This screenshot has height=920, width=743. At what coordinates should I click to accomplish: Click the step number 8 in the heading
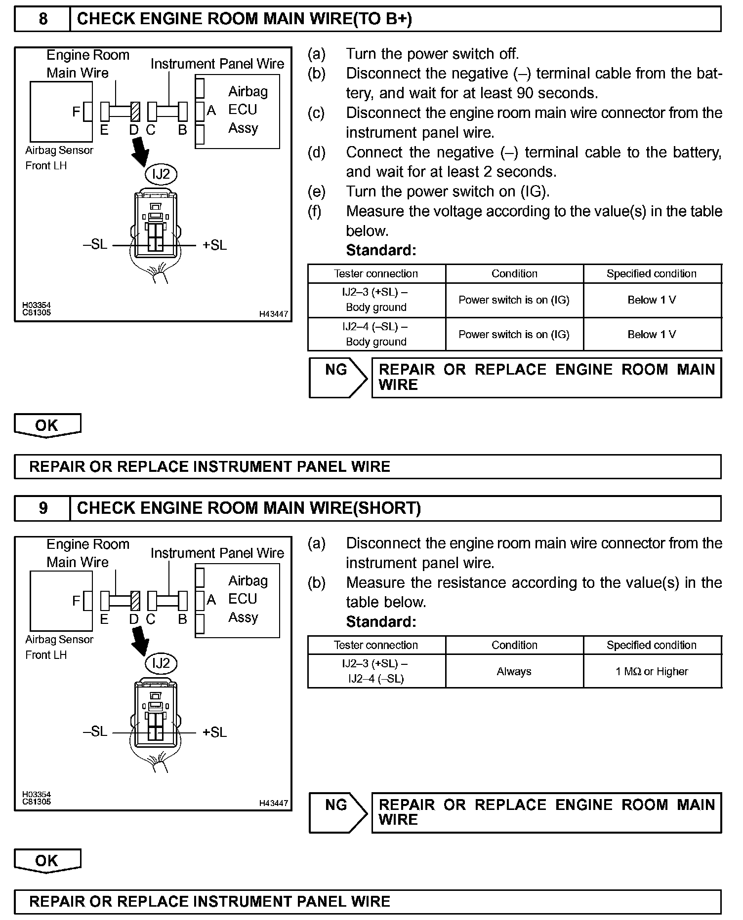pyautogui.click(x=43, y=19)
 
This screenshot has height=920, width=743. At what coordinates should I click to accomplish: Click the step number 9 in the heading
pyautogui.click(x=43, y=508)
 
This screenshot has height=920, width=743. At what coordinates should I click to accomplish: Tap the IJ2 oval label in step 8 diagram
pyautogui.click(x=161, y=174)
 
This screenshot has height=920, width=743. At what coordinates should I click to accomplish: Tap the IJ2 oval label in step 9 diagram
pyautogui.click(x=161, y=663)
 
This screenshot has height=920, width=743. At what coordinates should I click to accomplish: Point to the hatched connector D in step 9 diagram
pyautogui.click(x=135, y=601)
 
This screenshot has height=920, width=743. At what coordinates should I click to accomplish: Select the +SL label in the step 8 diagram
pyautogui.click(x=214, y=245)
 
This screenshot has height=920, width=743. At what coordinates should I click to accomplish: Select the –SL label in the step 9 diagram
pyautogui.click(x=95, y=731)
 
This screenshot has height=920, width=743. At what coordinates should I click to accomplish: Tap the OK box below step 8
pyautogui.click(x=47, y=425)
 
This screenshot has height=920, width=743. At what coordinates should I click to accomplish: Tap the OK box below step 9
pyautogui.click(x=47, y=860)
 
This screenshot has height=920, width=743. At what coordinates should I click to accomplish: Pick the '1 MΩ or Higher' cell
pyautogui.click(x=652, y=671)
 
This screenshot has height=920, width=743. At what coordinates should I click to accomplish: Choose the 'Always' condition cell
pyautogui.click(x=514, y=671)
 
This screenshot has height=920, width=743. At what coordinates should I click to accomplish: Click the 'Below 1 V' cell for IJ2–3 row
pyautogui.click(x=652, y=300)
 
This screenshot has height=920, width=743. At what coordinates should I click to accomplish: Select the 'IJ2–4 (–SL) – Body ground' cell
pyautogui.click(x=376, y=334)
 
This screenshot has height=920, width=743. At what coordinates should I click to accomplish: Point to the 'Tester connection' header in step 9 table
pyautogui.click(x=376, y=645)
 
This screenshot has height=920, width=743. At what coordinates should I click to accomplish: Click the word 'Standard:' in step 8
pyautogui.click(x=381, y=251)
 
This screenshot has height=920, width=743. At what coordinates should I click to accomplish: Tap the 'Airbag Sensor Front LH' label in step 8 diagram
pyautogui.click(x=59, y=158)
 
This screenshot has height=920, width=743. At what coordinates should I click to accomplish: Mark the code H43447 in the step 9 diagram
pyautogui.click(x=273, y=803)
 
